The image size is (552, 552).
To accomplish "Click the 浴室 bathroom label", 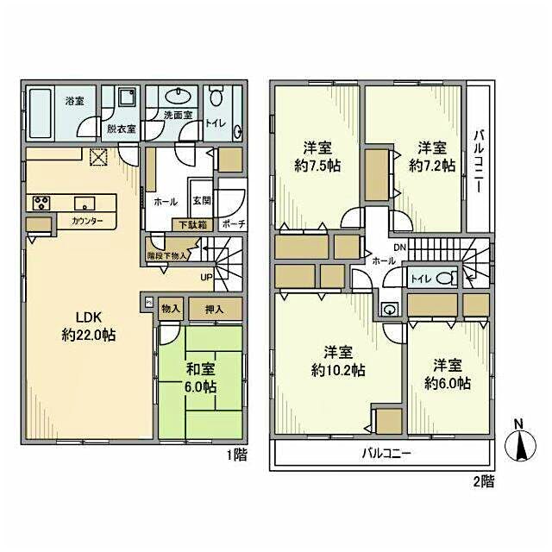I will click(73, 101).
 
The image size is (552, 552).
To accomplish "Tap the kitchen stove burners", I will click(41, 203).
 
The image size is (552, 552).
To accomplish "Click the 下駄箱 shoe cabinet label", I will click(190, 224).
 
